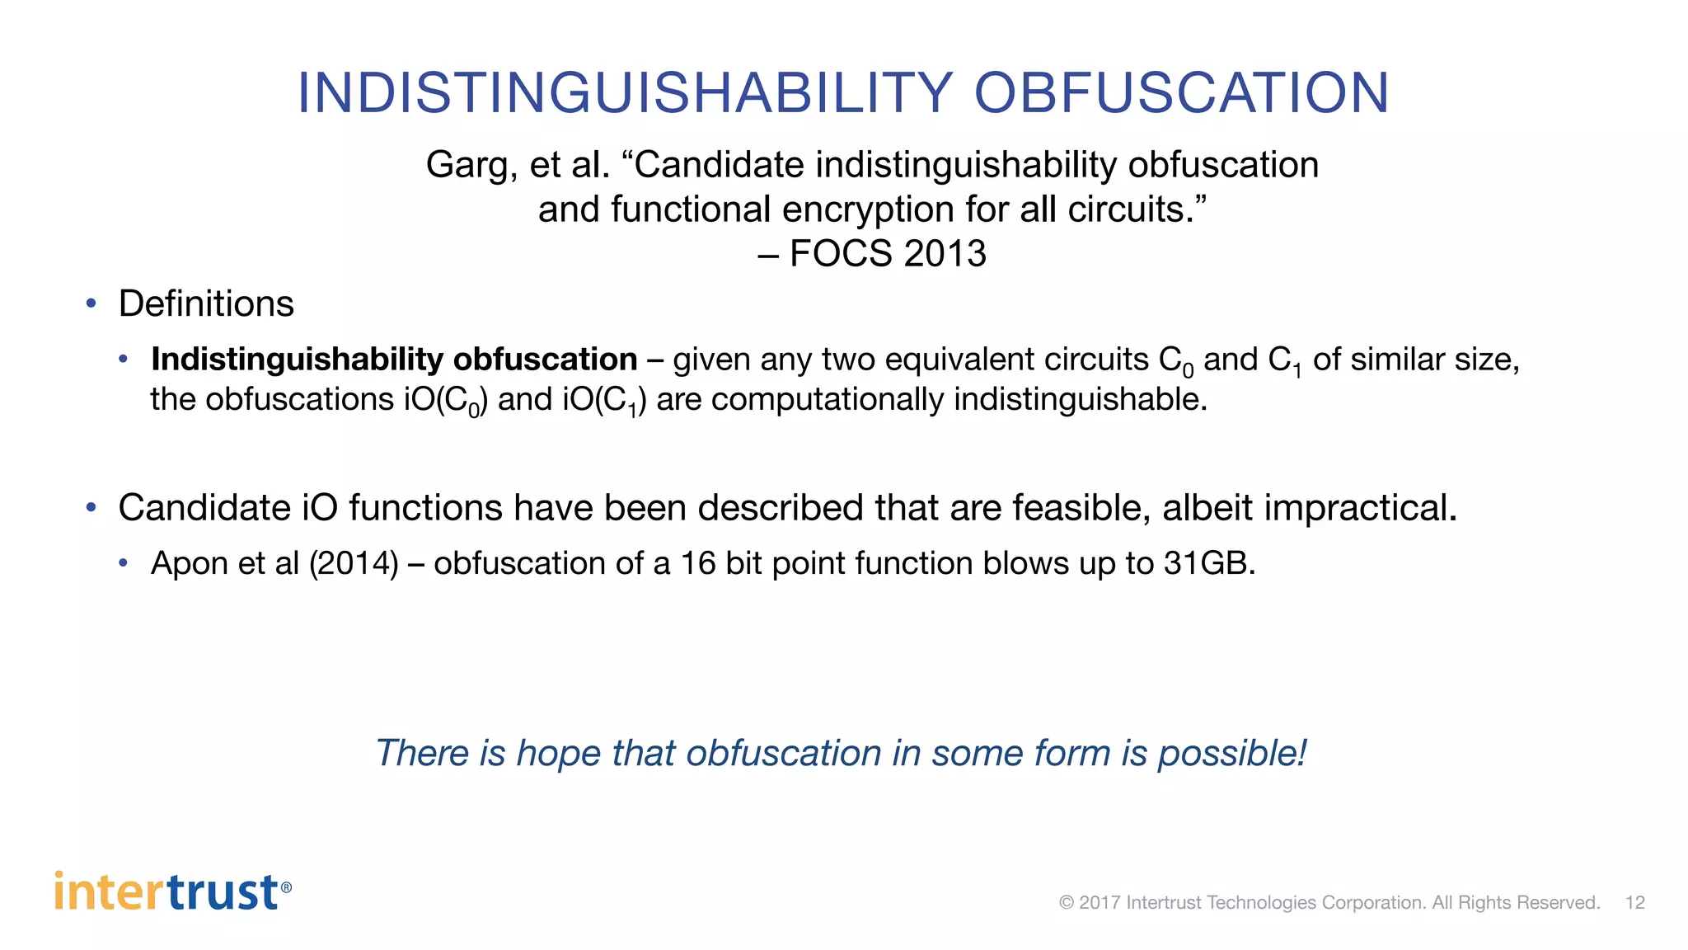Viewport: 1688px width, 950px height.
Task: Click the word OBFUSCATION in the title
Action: [x=1181, y=92]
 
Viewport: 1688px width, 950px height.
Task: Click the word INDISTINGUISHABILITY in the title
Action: [x=625, y=92]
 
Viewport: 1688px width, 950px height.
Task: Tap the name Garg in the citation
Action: [x=467, y=166]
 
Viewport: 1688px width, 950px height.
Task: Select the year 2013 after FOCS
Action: [x=945, y=253]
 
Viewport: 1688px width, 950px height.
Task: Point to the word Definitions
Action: [x=206, y=303]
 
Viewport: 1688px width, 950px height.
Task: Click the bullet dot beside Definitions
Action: [x=91, y=303]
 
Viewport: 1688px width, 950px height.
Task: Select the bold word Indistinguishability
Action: [x=298, y=360]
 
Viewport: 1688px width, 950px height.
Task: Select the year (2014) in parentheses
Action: [x=354, y=563]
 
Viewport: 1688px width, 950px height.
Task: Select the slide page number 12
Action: [x=1634, y=902]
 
